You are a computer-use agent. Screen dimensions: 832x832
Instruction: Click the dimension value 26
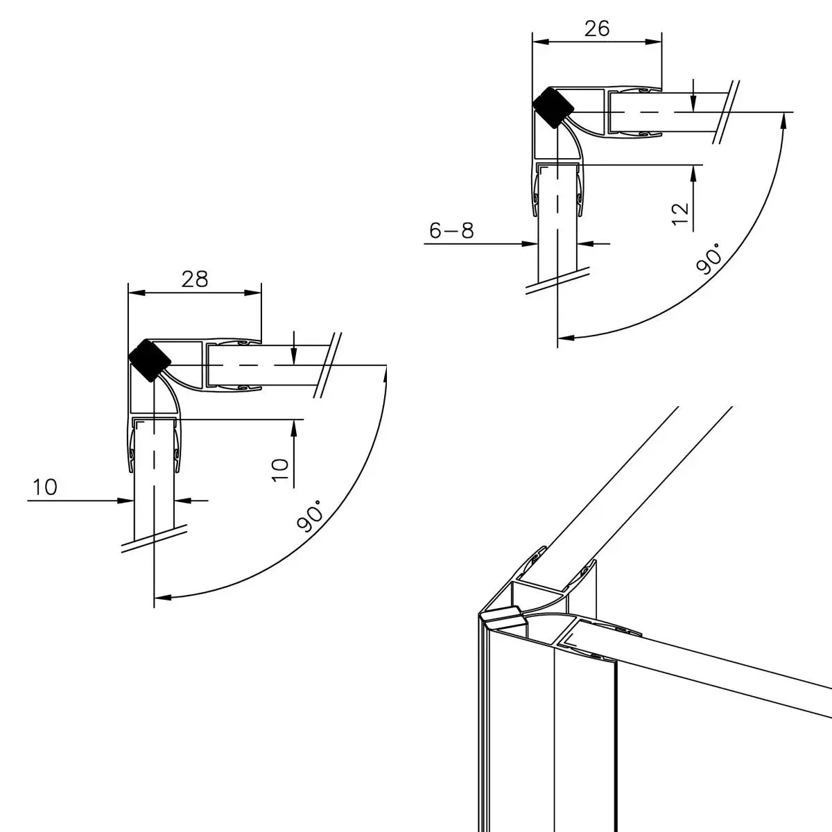(597, 28)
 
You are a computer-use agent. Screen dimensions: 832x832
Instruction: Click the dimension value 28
(195, 279)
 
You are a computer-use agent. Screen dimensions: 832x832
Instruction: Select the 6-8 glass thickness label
(451, 231)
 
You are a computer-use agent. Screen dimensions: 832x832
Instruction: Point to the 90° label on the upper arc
(709, 259)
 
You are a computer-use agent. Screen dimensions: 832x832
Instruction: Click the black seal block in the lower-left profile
(150, 360)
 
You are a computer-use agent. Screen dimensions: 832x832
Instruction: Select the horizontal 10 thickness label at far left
(44, 488)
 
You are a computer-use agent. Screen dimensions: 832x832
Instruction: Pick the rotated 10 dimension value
(279, 469)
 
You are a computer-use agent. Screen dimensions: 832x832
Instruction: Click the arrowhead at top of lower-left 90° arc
(385, 373)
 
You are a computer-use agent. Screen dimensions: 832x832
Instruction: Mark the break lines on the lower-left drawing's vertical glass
(155, 538)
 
